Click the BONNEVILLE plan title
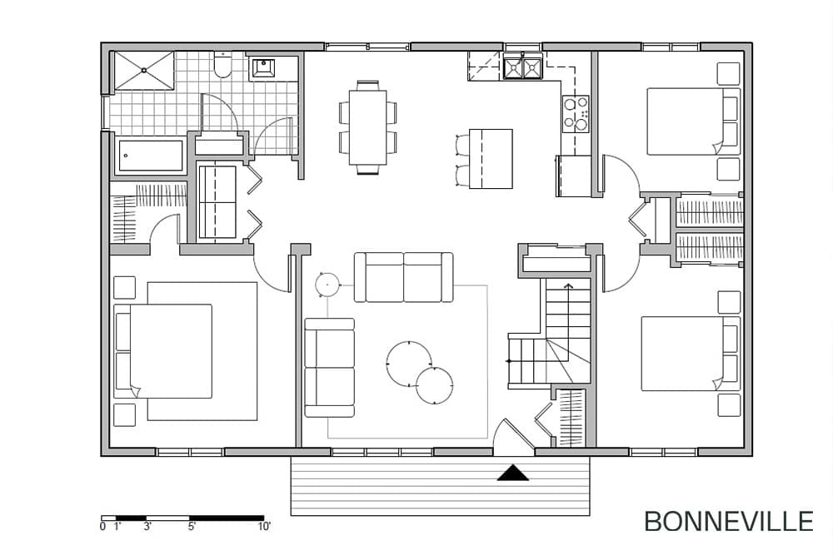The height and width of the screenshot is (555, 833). (728, 521)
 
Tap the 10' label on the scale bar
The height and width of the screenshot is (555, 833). (264, 527)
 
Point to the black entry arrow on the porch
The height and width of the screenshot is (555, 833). (512, 473)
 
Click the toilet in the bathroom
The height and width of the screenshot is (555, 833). (222, 65)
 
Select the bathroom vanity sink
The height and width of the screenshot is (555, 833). (263, 68)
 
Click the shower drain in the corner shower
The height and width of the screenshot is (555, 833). (144, 70)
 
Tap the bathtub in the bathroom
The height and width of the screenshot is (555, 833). (150, 156)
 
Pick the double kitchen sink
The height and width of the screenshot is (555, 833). (523, 67)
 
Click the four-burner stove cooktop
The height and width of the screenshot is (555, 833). (576, 114)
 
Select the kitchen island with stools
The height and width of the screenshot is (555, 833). (485, 159)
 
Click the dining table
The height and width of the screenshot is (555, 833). (367, 127)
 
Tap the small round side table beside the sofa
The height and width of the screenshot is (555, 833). (327, 285)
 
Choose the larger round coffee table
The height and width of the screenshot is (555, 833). (409, 364)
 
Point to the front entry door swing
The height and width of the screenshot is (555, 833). (512, 438)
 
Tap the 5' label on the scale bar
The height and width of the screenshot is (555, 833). (192, 527)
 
